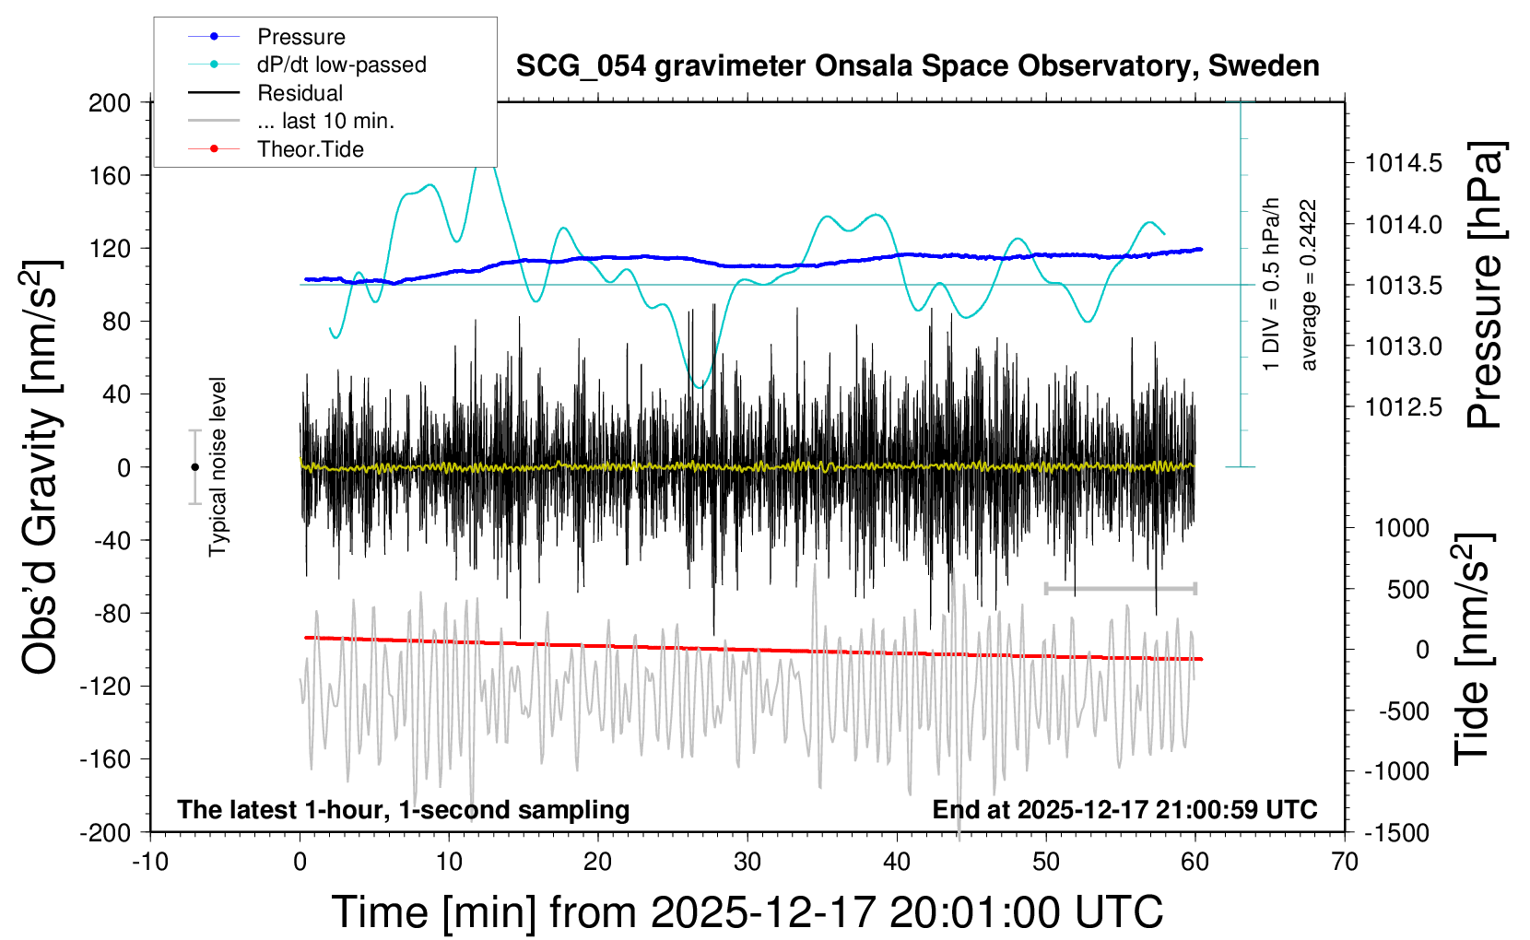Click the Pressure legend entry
[300, 37]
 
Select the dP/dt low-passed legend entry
[341, 65]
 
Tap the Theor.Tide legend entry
[310, 149]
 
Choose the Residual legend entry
[300, 93]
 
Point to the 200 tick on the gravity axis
[110, 102]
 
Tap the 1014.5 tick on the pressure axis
[1404, 164]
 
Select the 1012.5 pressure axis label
[1404, 407]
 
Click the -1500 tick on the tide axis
[1396, 832]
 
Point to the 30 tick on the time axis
[747, 863]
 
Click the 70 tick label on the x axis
[1345, 863]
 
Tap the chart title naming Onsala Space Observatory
[917, 66]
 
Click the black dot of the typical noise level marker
[194, 467]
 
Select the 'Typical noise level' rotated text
[218, 466]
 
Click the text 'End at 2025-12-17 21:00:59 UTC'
[1124, 810]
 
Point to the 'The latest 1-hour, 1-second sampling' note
[404, 810]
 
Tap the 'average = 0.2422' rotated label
[1308, 286]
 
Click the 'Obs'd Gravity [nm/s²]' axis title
[41, 466]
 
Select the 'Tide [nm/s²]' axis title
[1474, 649]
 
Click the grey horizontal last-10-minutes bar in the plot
[1120, 588]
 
